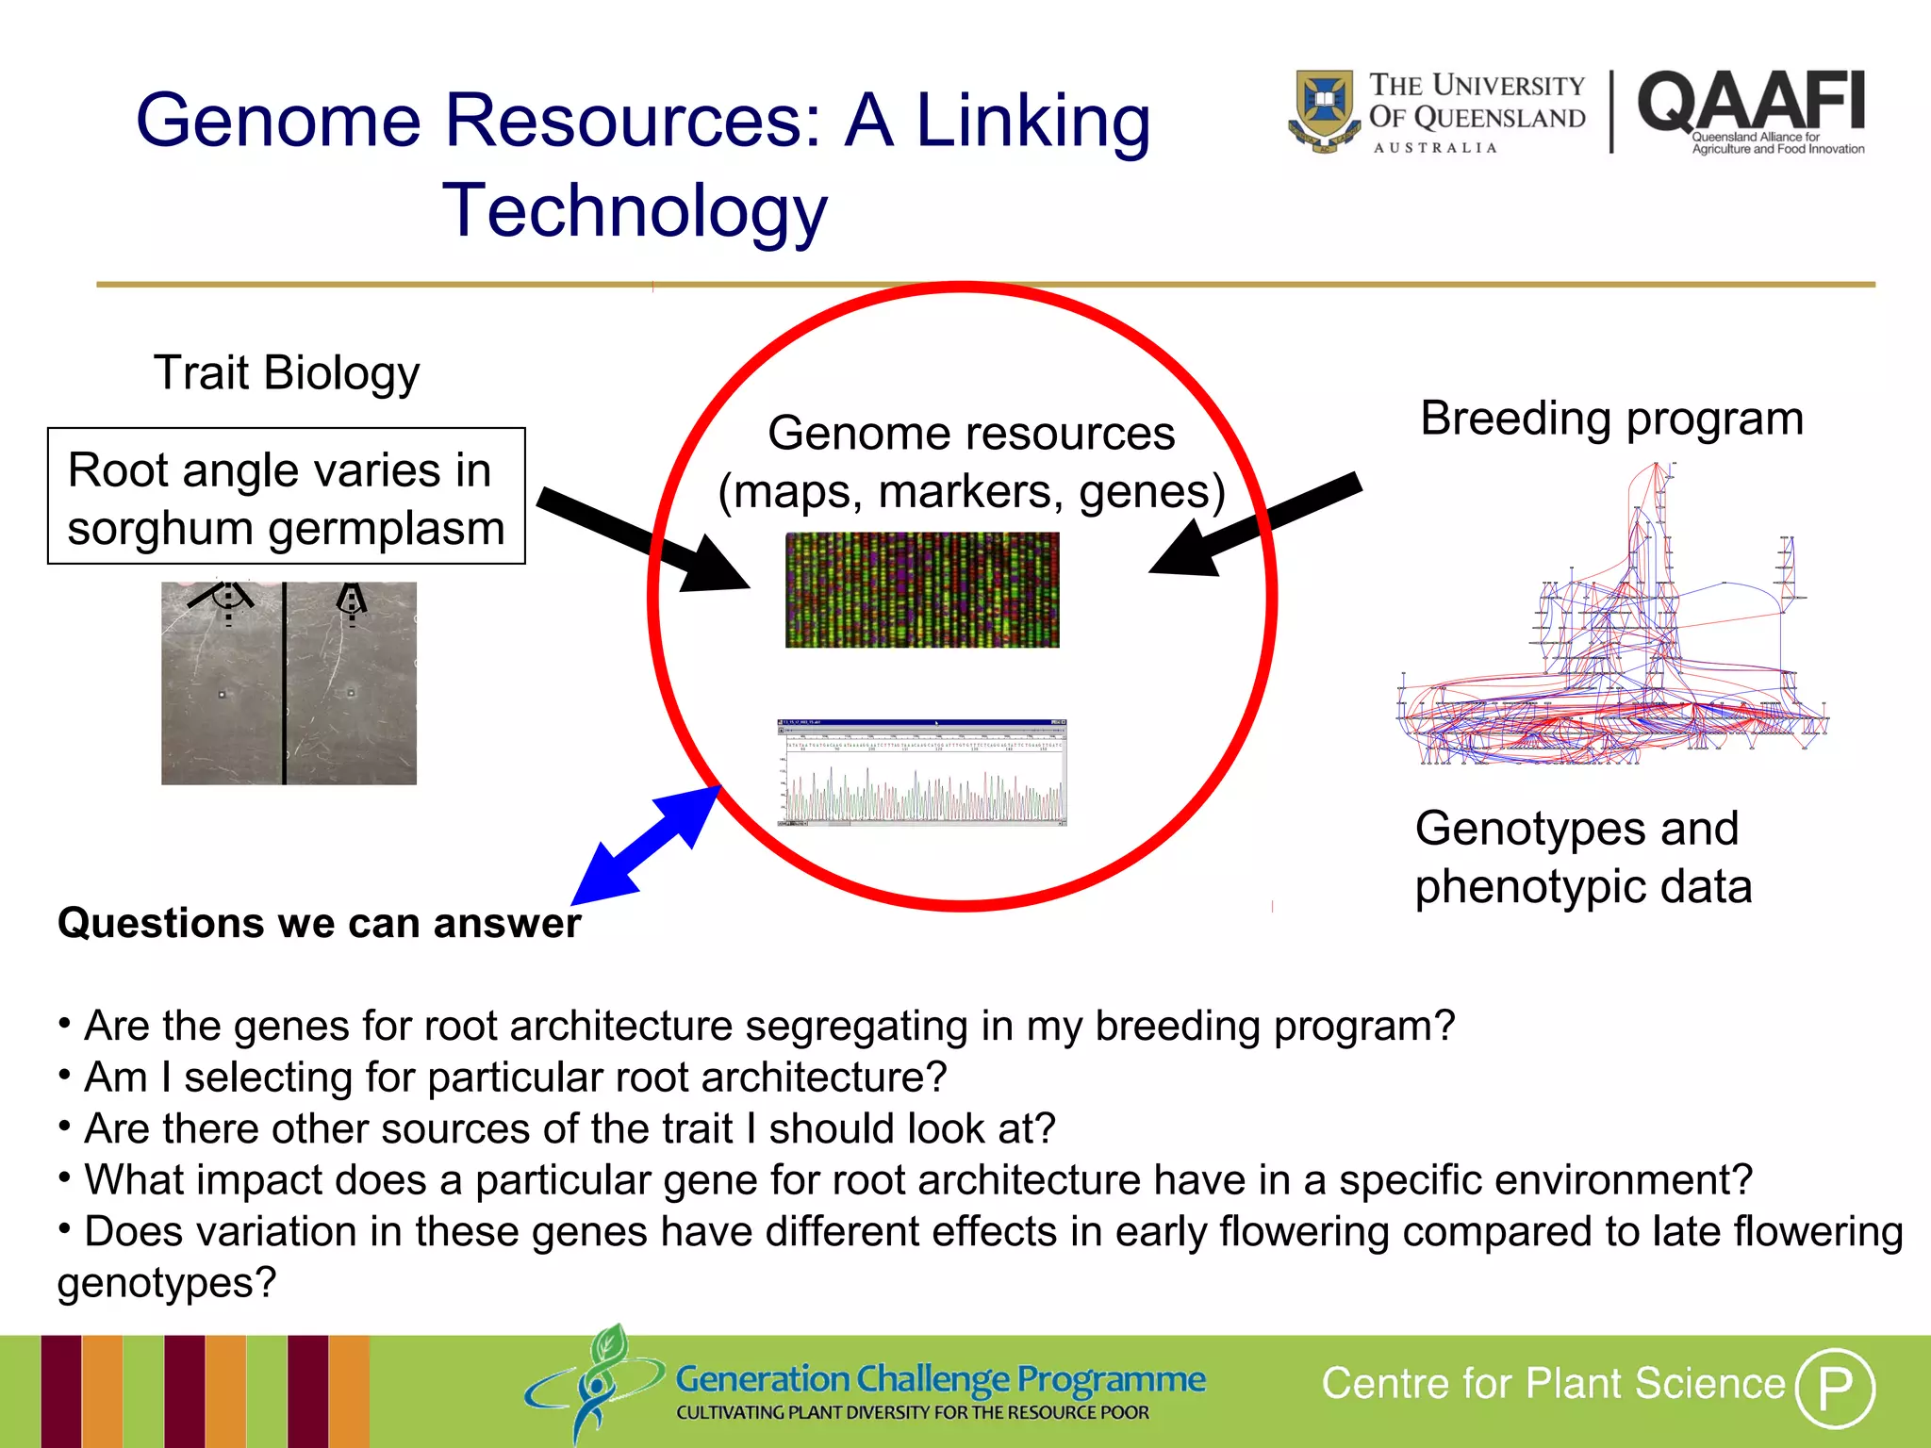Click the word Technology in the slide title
pyautogui.click(x=635, y=210)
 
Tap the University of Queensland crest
pyautogui.click(x=1324, y=111)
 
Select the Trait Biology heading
pyautogui.click(x=287, y=372)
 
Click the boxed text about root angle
pyautogui.click(x=286, y=497)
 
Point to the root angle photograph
pyautogui.click(x=289, y=683)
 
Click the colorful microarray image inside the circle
pyautogui.click(x=922, y=590)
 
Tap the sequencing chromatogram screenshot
pyautogui.click(x=921, y=773)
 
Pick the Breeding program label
pyautogui.click(x=1611, y=419)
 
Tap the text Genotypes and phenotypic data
pyautogui.click(x=1583, y=857)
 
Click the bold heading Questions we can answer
pyautogui.click(x=319, y=923)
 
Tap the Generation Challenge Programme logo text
pyautogui.click(x=940, y=1379)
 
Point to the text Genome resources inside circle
pyautogui.click(x=971, y=434)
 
